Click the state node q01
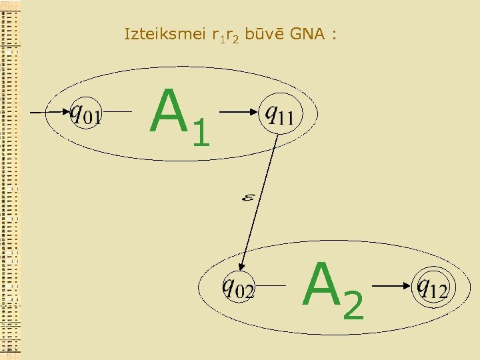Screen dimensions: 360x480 point(85,115)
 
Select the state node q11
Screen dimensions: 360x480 point(279,115)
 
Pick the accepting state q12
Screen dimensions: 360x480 point(432,287)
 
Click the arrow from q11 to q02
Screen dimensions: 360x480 point(260,200)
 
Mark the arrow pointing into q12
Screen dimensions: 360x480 point(393,287)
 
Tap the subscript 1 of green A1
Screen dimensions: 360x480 point(200,132)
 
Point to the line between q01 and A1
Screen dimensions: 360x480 point(120,113)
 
